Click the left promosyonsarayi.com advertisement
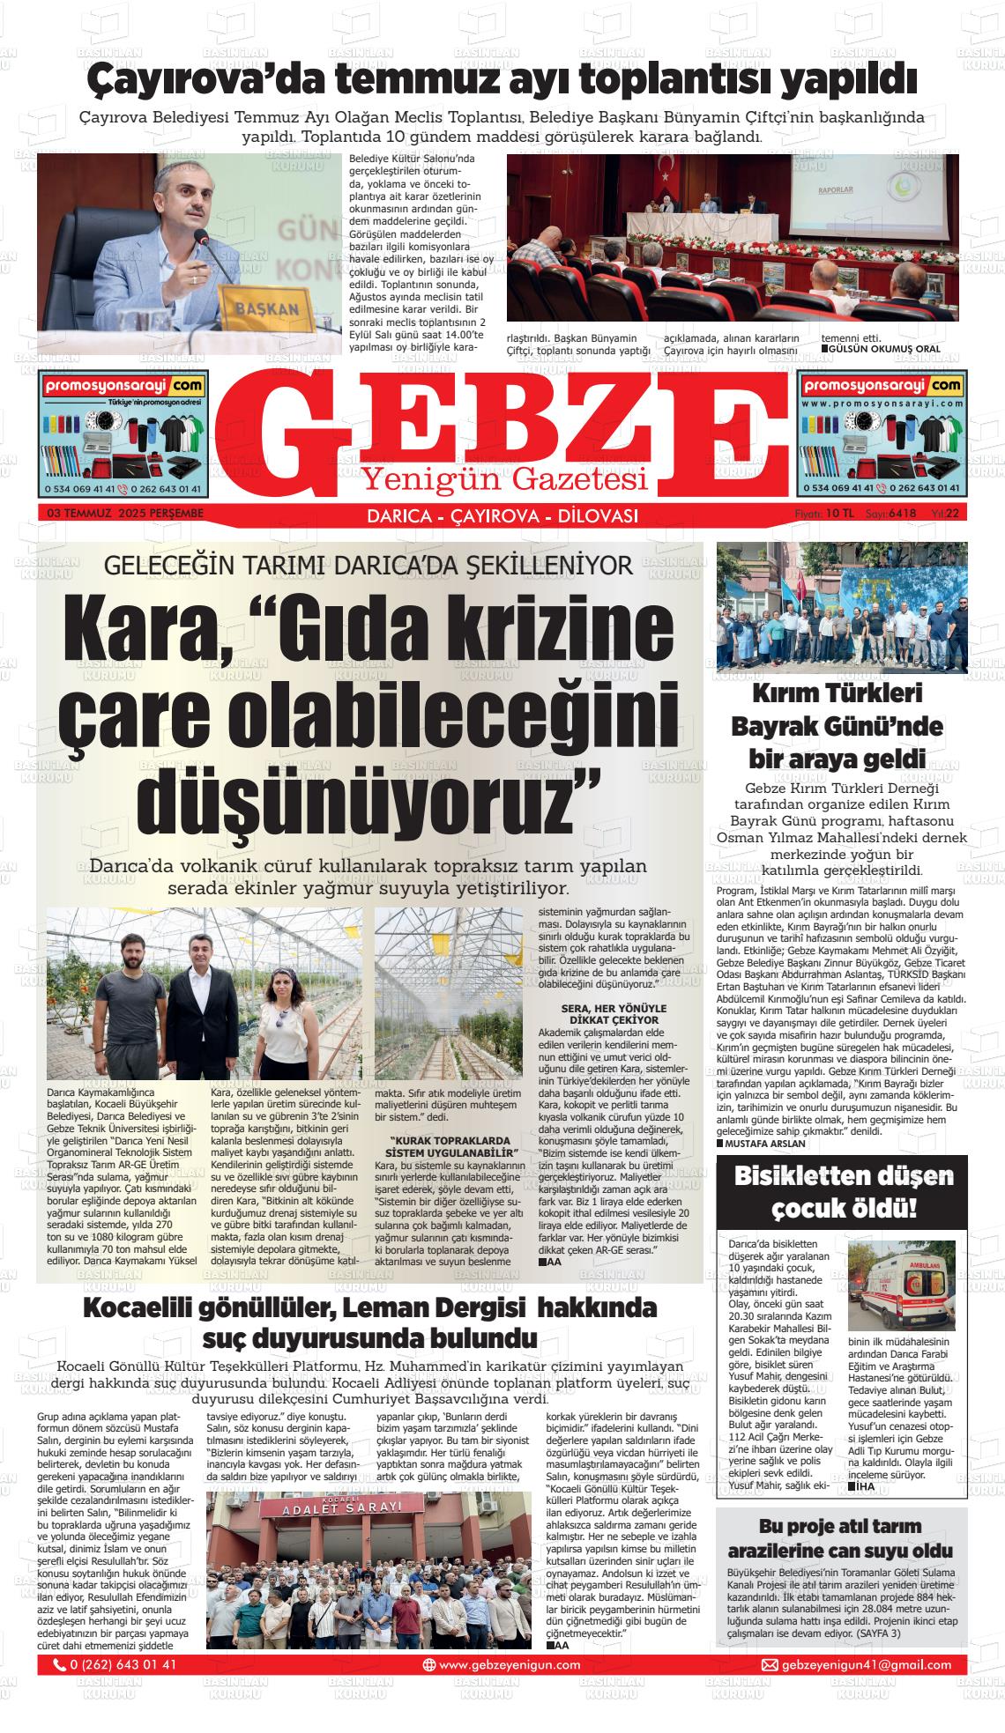(123, 434)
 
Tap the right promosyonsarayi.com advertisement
(882, 434)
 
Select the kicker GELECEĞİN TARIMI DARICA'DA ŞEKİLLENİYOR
(368, 565)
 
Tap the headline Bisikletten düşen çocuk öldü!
(843, 1191)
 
